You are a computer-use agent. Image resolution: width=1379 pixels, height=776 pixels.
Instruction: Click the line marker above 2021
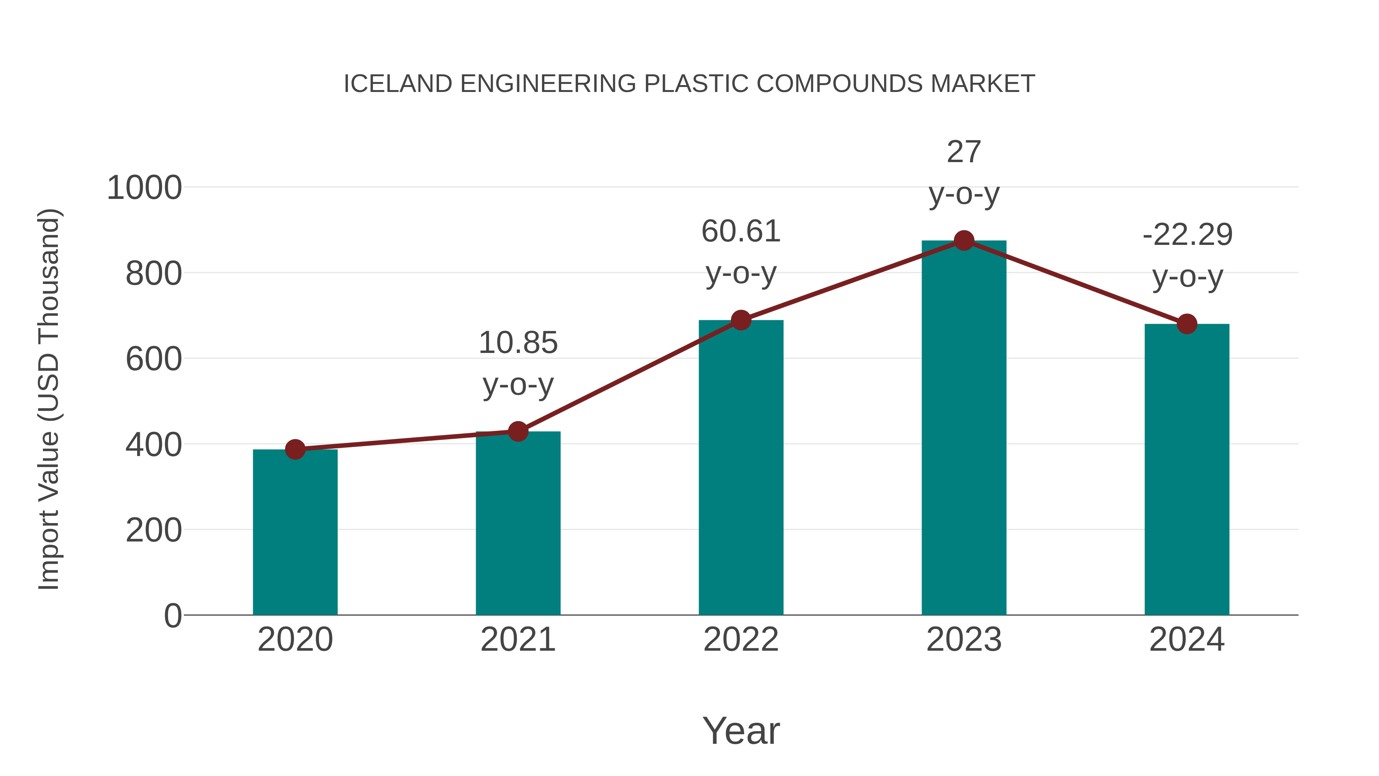pos(518,431)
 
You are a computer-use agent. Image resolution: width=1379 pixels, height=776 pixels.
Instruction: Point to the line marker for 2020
pos(295,450)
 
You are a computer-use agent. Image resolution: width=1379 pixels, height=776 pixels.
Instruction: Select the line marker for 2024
pos(1187,324)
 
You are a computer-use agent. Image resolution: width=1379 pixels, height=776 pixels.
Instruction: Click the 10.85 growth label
pos(518,343)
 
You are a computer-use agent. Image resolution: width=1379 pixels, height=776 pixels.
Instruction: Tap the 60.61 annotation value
pos(741,231)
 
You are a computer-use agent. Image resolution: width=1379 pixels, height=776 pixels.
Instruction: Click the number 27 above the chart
pos(964,152)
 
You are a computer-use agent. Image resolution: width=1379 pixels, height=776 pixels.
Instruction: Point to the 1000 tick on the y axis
pos(144,188)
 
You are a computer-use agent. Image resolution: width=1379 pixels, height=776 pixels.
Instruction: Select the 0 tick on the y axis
pos(172,615)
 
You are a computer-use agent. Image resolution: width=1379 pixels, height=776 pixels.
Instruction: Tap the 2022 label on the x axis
pos(741,640)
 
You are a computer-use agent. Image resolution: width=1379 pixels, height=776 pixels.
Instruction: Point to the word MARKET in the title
pos(982,84)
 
